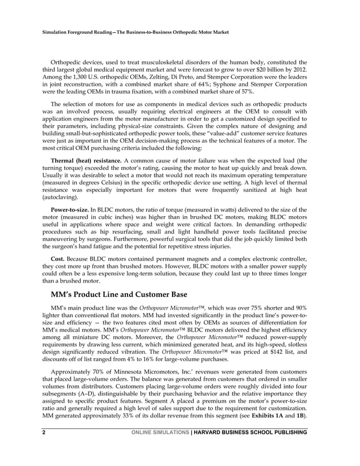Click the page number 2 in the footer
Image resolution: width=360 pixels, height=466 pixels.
click(43, 432)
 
